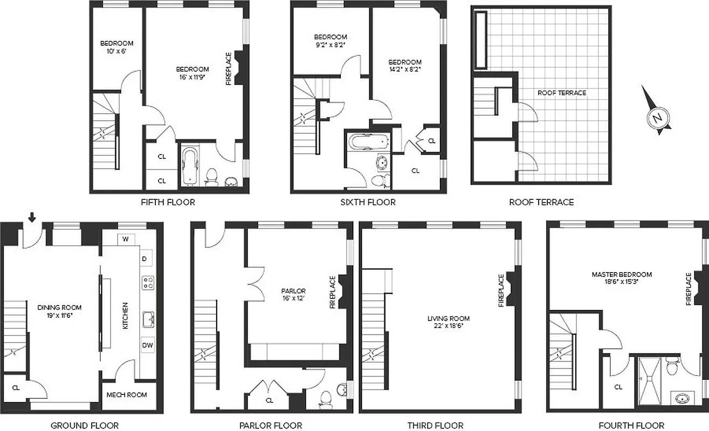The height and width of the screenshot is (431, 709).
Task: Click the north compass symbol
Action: tap(657, 116)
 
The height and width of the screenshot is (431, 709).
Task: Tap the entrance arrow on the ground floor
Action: tap(32, 217)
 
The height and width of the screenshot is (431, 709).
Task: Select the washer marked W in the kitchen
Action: tap(125, 239)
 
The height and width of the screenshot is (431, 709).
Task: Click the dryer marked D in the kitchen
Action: tap(144, 259)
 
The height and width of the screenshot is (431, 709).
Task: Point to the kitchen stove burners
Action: tap(148, 283)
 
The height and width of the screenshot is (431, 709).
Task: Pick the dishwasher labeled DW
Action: tap(148, 345)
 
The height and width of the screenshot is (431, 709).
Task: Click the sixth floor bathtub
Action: tap(368, 142)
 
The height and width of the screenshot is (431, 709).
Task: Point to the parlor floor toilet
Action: tap(325, 398)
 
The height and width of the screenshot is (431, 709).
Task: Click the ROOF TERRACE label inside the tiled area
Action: tap(561, 93)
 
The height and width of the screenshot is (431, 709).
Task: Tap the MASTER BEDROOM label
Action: tap(621, 274)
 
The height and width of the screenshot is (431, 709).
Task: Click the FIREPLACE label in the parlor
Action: tap(333, 292)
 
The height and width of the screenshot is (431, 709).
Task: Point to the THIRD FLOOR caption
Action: tap(435, 426)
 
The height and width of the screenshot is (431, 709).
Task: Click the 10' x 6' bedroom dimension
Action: tap(116, 52)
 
